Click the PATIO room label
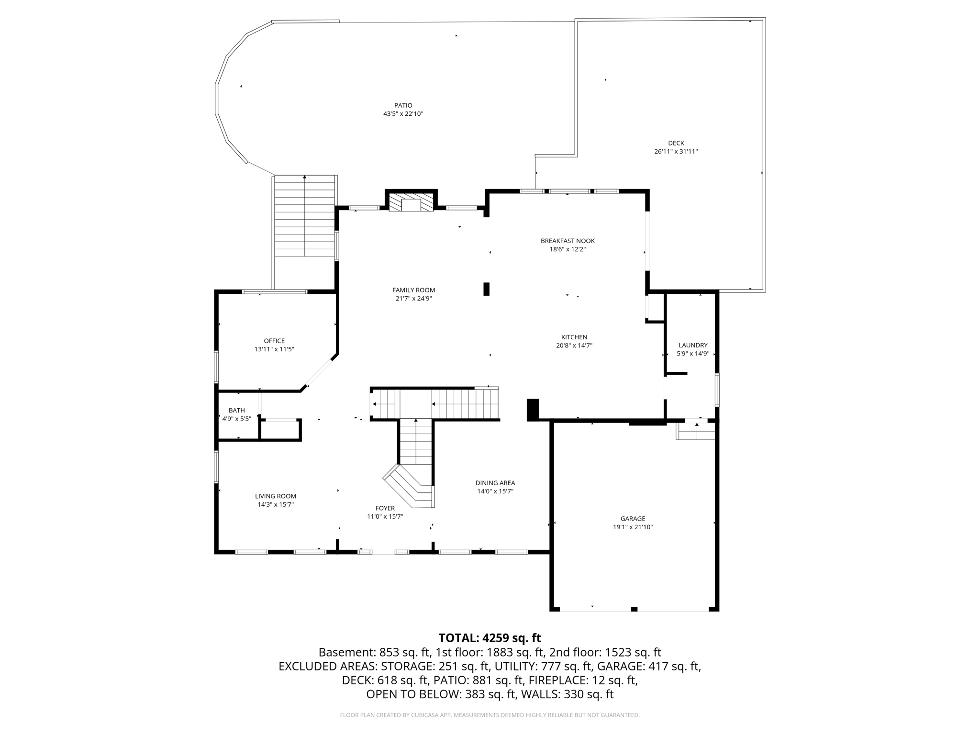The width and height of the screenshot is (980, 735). (x=403, y=105)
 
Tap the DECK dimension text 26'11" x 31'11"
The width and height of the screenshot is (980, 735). (x=676, y=152)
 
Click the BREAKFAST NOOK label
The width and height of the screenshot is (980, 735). (x=568, y=241)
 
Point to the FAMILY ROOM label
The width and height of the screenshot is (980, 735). (x=413, y=290)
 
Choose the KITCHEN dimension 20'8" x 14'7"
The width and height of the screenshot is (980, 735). (x=574, y=345)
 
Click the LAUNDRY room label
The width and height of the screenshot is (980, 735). (x=692, y=345)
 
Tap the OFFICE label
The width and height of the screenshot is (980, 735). (x=274, y=341)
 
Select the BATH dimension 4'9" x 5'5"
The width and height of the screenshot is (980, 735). (x=236, y=419)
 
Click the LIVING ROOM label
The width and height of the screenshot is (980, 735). (x=275, y=496)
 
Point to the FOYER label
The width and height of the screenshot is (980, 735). (x=385, y=508)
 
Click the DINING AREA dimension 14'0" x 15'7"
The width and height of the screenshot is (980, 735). (x=495, y=491)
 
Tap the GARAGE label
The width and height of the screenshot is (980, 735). (x=633, y=519)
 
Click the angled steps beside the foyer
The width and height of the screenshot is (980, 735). (x=409, y=486)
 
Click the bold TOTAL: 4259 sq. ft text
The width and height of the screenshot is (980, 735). (x=490, y=638)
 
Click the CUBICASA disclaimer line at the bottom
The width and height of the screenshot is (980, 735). (x=490, y=715)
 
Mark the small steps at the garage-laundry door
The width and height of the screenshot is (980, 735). (x=696, y=432)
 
